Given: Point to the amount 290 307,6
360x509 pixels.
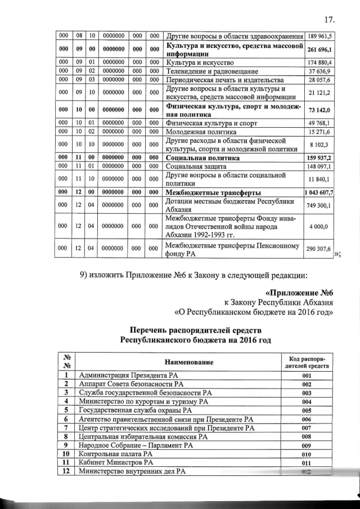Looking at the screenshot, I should [318, 248].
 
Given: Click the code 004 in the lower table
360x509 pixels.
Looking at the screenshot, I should [307, 402].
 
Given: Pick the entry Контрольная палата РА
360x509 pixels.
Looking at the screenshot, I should [116, 454].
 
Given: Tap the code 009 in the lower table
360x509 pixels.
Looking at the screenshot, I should [307, 445].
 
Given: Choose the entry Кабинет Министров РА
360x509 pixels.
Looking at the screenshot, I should [116, 462].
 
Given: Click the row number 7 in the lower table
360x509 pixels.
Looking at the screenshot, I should [66, 427].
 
